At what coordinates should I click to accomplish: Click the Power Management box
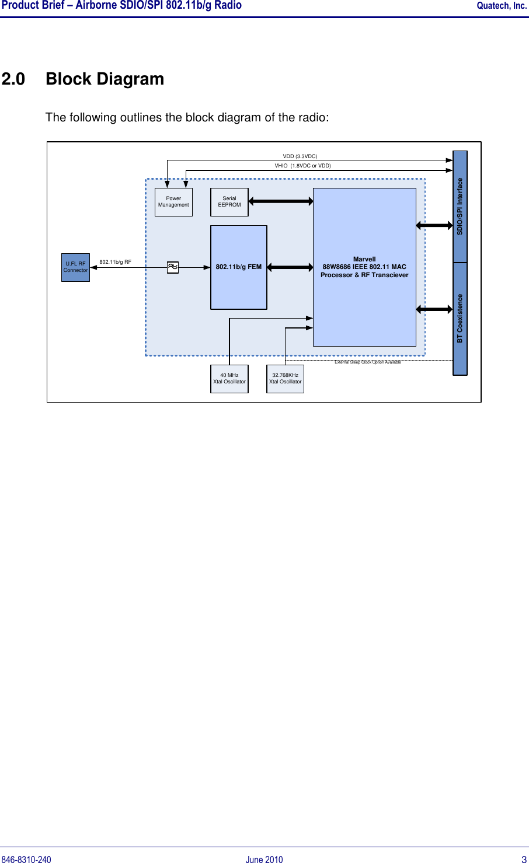pyautogui.click(x=173, y=202)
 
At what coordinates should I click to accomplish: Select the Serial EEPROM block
pyautogui.click(x=229, y=202)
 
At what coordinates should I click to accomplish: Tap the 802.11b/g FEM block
pyautogui.click(x=238, y=267)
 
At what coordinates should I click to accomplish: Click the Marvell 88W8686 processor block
pyautogui.click(x=364, y=267)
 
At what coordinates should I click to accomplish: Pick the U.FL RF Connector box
pyautogui.click(x=75, y=267)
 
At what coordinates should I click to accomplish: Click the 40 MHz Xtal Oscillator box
pyautogui.click(x=229, y=379)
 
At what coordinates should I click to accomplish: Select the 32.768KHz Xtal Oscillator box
pyautogui.click(x=285, y=379)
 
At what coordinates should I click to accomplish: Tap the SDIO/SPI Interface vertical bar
pyautogui.click(x=460, y=207)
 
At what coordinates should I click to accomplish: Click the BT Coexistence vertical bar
pyautogui.click(x=460, y=319)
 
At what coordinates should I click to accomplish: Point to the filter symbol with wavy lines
pyautogui.click(x=173, y=267)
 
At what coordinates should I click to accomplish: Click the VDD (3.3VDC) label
pyautogui.click(x=300, y=156)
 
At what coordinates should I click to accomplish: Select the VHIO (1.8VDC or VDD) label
pyautogui.click(x=302, y=166)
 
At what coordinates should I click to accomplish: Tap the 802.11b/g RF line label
pyautogui.click(x=115, y=262)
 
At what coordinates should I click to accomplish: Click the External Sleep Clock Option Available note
pyautogui.click(x=368, y=362)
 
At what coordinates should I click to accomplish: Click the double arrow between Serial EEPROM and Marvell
pyautogui.click(x=281, y=201)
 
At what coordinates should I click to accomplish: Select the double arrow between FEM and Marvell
pyautogui.click(x=290, y=267)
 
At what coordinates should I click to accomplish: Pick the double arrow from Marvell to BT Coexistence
pyautogui.click(x=434, y=309)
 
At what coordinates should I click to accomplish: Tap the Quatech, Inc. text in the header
pyautogui.click(x=502, y=6)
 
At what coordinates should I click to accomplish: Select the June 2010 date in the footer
pyautogui.click(x=264, y=859)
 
